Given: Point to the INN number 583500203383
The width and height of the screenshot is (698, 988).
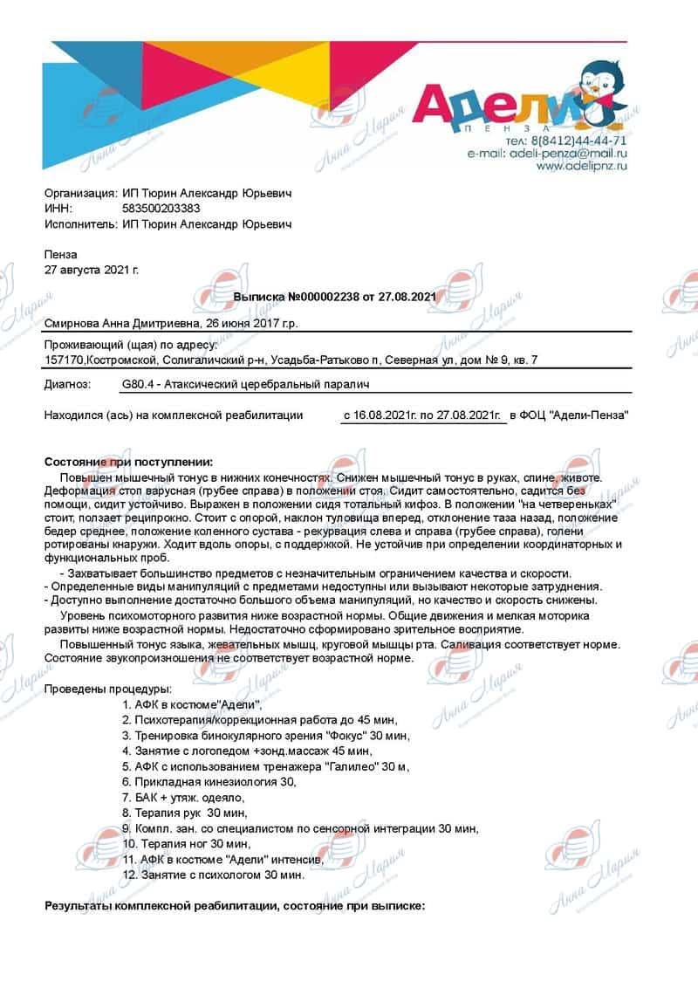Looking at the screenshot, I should (161, 209).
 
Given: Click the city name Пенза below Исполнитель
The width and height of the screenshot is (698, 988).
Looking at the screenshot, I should (60, 254).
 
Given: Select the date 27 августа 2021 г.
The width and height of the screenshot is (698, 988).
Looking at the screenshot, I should (91, 270).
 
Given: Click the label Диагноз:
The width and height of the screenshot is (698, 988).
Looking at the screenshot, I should (66, 385).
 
